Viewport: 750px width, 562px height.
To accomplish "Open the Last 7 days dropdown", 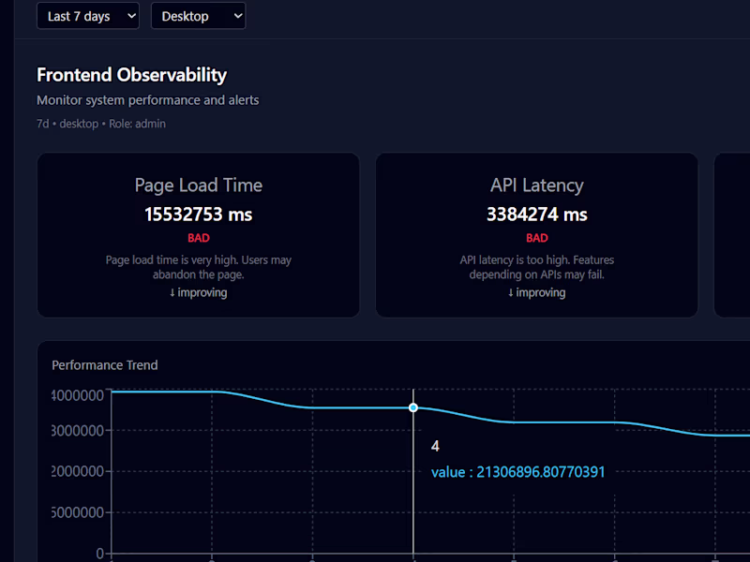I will tap(87, 16).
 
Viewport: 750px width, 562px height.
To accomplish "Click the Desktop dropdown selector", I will tap(198, 16).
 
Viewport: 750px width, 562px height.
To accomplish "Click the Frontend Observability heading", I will tap(131, 75).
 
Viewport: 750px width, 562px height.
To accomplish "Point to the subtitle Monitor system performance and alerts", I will tap(147, 100).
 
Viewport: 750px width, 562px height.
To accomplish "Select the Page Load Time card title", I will tap(198, 185).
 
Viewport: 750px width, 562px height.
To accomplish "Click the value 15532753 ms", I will tap(198, 214).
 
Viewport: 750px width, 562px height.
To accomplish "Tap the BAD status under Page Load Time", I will tap(198, 238).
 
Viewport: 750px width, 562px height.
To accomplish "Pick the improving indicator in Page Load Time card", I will tap(198, 292).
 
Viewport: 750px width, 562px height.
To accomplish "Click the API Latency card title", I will tap(536, 185).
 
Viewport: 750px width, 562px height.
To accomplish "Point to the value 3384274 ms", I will tap(536, 214).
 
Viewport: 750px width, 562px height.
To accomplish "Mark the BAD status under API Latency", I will tap(536, 238).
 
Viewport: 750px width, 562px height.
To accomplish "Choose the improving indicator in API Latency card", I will tap(536, 292).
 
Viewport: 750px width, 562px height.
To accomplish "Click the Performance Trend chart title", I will tap(105, 365).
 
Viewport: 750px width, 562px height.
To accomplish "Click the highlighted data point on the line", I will tap(413, 407).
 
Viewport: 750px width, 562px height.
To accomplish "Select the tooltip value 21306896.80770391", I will tap(517, 472).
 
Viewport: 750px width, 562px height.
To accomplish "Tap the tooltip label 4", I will tap(435, 446).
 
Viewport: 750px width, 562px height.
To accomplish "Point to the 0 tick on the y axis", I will tap(99, 553).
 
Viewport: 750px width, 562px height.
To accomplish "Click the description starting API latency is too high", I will tap(536, 267).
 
